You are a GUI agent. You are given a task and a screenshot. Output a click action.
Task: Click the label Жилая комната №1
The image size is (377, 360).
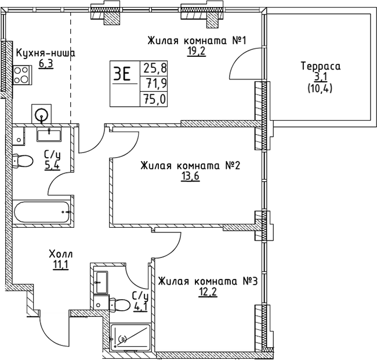(x=198, y=41)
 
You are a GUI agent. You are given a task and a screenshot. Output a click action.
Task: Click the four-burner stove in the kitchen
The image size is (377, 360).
(x=22, y=75)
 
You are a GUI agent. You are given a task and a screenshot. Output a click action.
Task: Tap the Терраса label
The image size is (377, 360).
(x=320, y=67)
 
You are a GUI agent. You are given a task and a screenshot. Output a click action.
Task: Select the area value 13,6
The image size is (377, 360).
(x=190, y=177)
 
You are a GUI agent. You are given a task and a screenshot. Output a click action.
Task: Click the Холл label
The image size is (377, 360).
(x=61, y=254)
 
